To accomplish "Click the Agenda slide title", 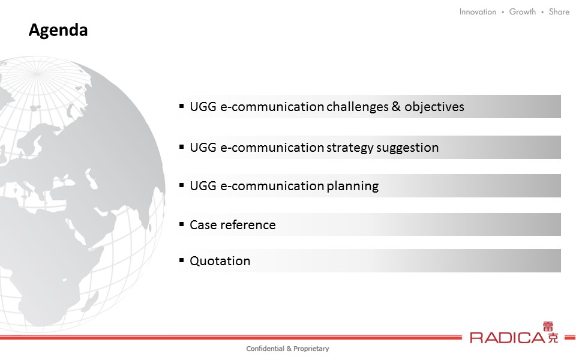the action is pyautogui.click(x=58, y=30).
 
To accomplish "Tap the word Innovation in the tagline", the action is pyautogui.click(x=478, y=12).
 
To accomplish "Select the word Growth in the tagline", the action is pyautogui.click(x=523, y=12).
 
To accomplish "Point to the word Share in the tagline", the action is pyautogui.click(x=559, y=12).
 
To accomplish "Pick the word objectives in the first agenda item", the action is pyautogui.click(x=434, y=107).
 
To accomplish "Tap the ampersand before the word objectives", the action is pyautogui.click(x=397, y=106).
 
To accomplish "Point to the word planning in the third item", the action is pyautogui.click(x=352, y=186).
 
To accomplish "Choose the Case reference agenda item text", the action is pyautogui.click(x=233, y=224).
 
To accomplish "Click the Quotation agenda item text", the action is pyautogui.click(x=220, y=261).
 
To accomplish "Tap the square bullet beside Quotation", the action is pyautogui.click(x=181, y=260).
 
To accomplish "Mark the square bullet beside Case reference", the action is pyautogui.click(x=181, y=224).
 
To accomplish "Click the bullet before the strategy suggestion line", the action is pyautogui.click(x=181, y=146).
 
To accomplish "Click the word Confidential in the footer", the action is pyautogui.click(x=265, y=349).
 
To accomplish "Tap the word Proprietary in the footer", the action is pyautogui.click(x=311, y=349).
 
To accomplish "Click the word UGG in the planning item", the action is pyautogui.click(x=203, y=186).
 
